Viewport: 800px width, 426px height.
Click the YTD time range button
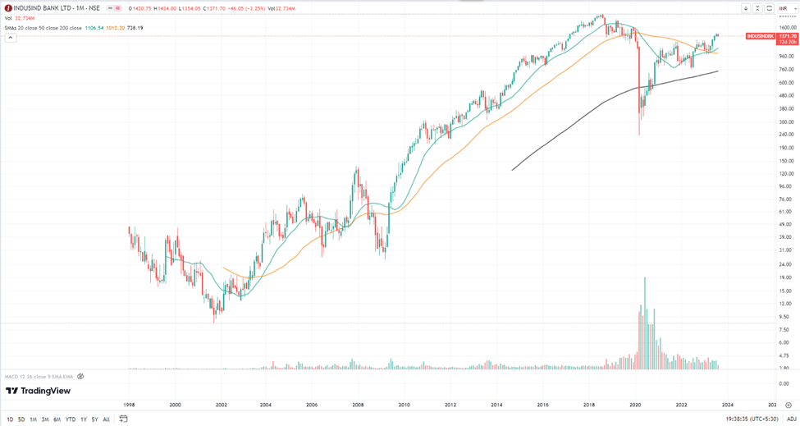click(x=70, y=419)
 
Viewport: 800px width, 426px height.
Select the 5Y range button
click(x=94, y=419)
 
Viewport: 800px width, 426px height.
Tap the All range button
click(x=107, y=419)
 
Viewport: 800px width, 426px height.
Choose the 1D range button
click(x=10, y=419)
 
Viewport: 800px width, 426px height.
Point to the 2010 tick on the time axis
click(x=405, y=405)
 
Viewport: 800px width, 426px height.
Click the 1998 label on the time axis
click(x=129, y=405)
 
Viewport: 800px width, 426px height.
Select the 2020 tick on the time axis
click(x=636, y=405)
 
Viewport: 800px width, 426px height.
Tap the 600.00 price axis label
click(x=786, y=82)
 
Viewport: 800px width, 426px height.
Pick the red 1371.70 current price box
click(x=788, y=37)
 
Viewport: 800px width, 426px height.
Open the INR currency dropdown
click(x=783, y=8)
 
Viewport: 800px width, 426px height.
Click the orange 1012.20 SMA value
click(x=116, y=28)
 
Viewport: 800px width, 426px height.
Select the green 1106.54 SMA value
click(x=95, y=28)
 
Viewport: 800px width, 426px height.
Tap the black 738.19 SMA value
click(x=135, y=28)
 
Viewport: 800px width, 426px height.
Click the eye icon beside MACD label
click(x=80, y=376)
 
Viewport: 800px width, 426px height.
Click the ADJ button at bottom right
click(x=792, y=419)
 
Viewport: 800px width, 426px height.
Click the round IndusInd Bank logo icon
click(x=8, y=8)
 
